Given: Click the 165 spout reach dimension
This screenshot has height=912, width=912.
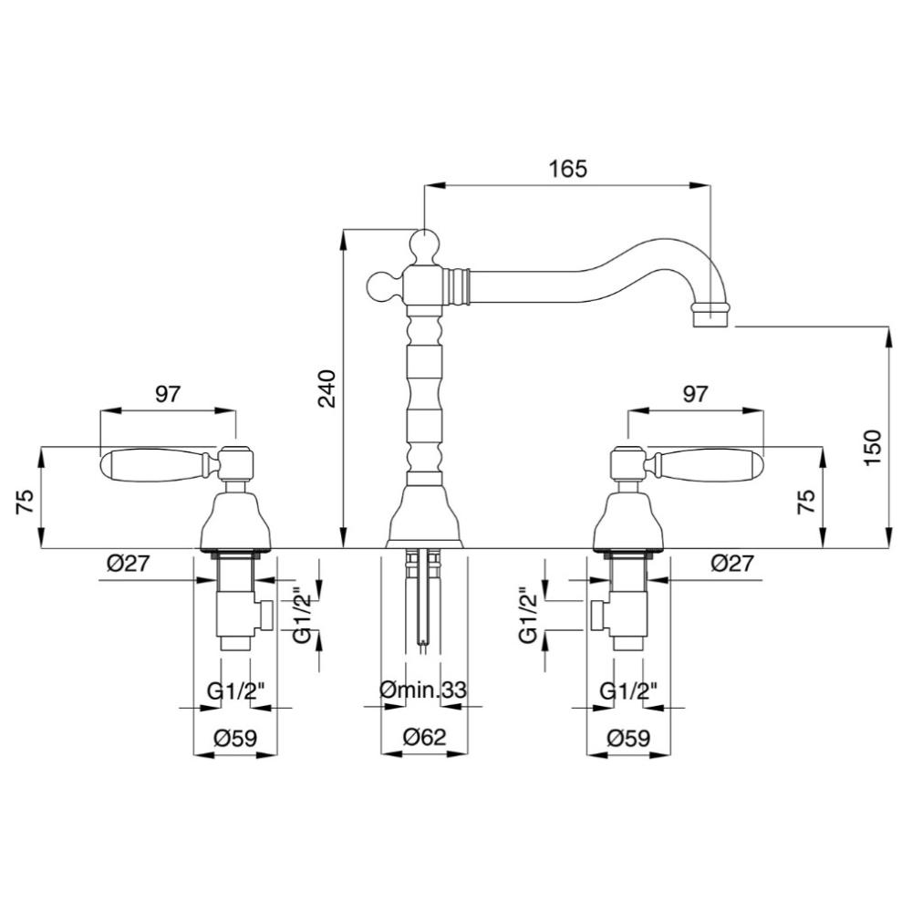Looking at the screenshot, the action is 568,169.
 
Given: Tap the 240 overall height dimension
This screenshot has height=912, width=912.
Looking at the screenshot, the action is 326,389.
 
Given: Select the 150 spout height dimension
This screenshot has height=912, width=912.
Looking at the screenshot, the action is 873,447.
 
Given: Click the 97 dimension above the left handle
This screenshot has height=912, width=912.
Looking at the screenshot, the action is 168,394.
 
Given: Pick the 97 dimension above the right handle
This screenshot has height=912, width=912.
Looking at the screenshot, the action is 695,394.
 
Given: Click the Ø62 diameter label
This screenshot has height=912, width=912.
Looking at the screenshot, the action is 424,738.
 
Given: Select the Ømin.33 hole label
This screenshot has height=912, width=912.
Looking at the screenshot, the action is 423,690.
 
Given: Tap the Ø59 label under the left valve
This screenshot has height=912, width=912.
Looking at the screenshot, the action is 235,738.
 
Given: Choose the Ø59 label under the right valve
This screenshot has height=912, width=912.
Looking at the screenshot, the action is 628,738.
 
